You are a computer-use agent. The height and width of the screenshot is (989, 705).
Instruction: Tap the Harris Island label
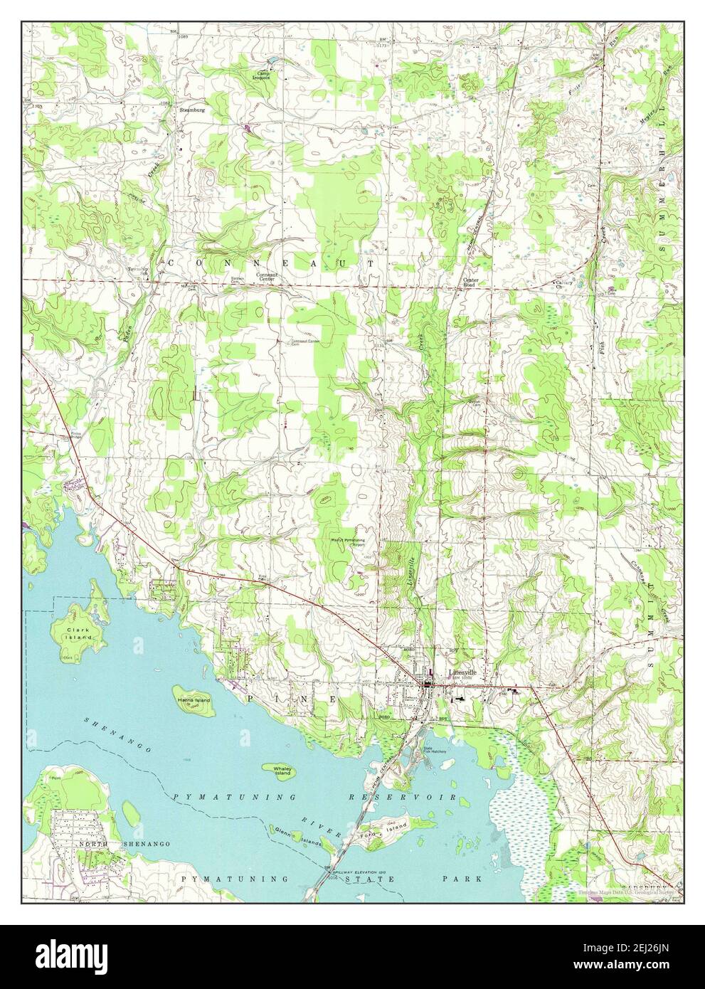pos(193,700)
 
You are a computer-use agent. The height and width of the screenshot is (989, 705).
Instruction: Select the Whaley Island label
pos(277,769)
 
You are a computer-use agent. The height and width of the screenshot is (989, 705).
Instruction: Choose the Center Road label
pos(471,282)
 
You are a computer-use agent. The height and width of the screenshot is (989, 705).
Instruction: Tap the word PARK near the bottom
pos(471,879)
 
